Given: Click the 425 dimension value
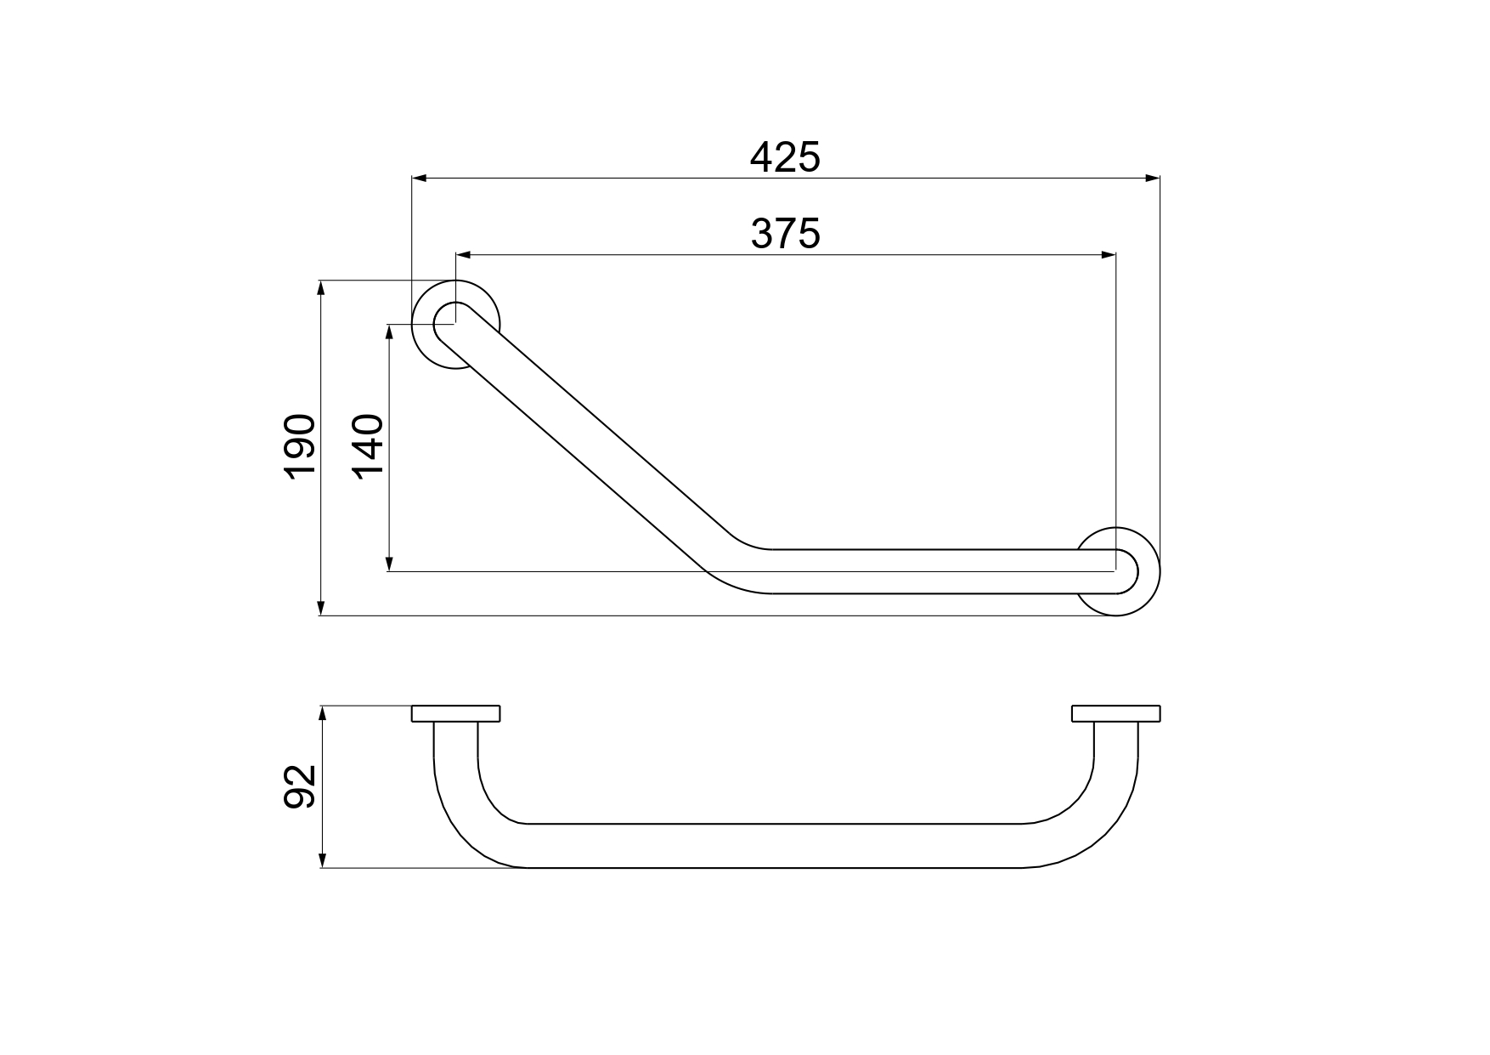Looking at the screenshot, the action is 785,157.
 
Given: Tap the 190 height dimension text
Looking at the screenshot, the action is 301,447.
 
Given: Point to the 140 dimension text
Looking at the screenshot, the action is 367,447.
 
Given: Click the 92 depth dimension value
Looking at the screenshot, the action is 301,786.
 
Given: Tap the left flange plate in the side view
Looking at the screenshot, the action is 456,713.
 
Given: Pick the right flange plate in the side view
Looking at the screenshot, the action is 1116,713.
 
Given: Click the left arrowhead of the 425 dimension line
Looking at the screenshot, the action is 418,179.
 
